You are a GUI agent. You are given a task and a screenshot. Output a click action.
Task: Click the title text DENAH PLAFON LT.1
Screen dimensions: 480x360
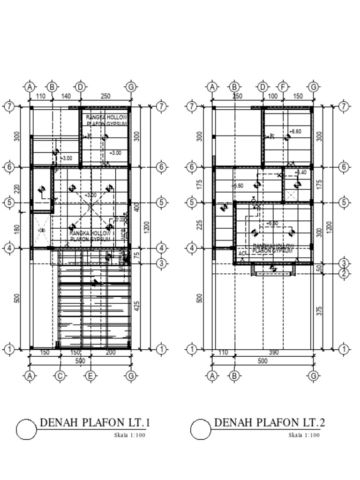(95, 423)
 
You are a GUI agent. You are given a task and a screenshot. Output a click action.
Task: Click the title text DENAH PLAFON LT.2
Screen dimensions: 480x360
(270, 423)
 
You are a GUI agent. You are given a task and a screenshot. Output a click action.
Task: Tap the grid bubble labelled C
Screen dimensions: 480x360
(60, 375)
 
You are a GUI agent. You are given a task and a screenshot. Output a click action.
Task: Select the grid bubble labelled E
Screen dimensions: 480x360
(90, 375)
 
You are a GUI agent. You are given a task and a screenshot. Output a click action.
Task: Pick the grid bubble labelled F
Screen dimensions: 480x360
(283, 87)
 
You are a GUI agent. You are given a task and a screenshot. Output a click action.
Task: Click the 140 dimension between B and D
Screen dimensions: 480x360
(66, 96)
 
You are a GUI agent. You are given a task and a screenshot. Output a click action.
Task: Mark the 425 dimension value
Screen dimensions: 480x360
(137, 307)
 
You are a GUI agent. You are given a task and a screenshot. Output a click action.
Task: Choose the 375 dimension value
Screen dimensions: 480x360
(320, 311)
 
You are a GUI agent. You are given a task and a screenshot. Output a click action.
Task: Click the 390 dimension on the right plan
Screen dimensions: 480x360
(275, 352)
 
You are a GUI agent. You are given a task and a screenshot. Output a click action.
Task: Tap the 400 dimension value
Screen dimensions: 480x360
(137, 207)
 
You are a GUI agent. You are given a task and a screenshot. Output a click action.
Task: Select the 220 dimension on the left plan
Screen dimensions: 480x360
(17, 189)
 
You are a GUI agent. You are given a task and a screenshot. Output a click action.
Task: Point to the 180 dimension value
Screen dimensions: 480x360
(17, 230)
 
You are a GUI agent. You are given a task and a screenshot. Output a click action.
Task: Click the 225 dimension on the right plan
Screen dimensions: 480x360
(200, 225)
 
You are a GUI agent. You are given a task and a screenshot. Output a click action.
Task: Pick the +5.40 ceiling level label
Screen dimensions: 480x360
(300, 172)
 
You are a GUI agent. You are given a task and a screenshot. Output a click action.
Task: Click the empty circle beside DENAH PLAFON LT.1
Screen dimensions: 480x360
(26, 429)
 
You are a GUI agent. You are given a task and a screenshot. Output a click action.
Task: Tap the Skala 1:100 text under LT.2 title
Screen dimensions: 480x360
(304, 435)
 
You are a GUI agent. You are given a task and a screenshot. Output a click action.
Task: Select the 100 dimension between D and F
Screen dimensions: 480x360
(273, 96)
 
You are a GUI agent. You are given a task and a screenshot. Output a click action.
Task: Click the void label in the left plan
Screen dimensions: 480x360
(41, 231)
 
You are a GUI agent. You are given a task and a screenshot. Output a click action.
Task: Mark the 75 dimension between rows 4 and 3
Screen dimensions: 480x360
(137, 256)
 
